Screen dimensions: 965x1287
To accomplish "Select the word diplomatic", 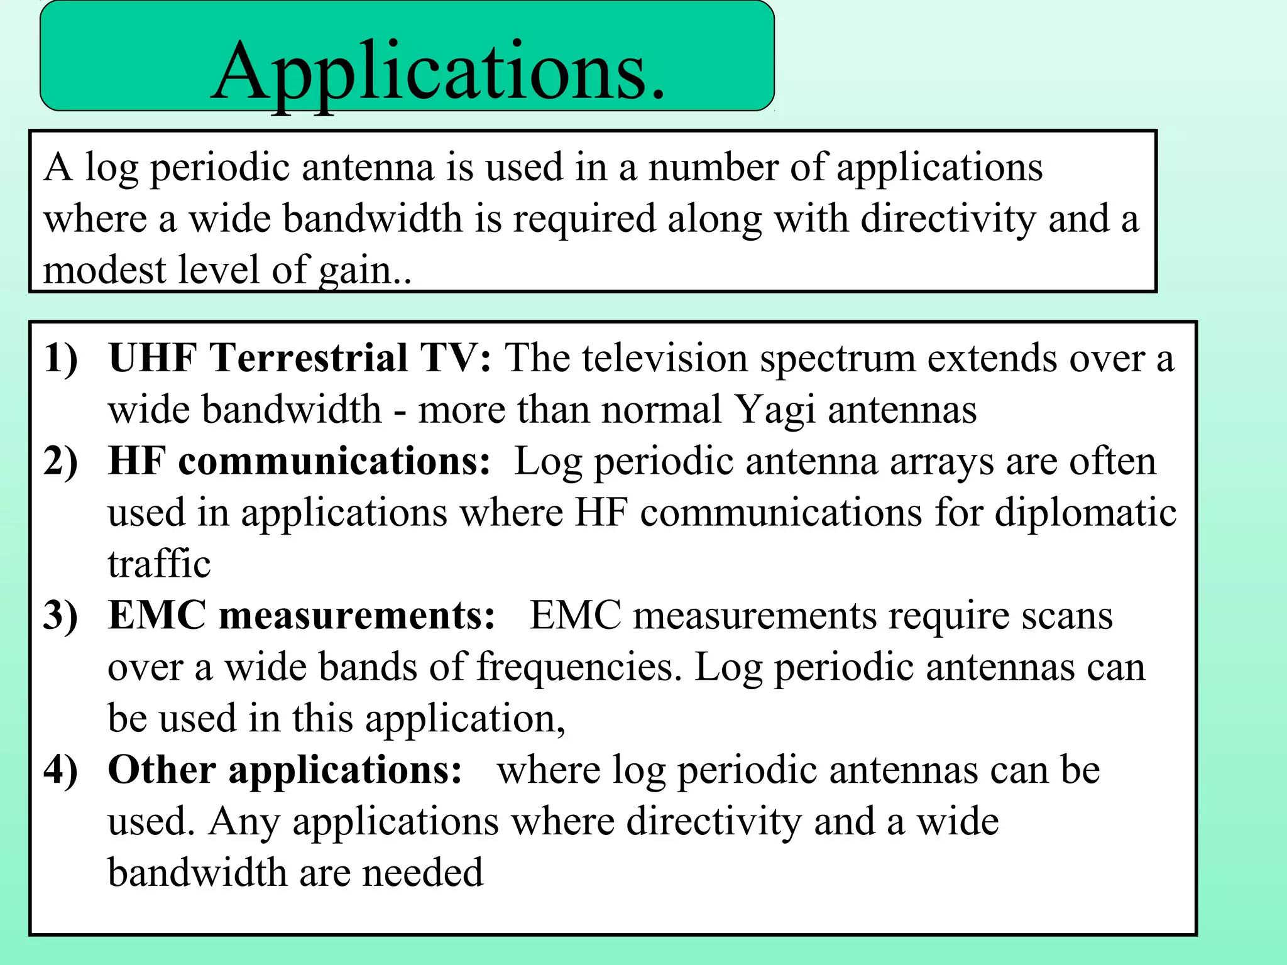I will pyautogui.click(x=1085, y=513).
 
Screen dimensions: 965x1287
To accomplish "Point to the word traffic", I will pyautogui.click(x=159, y=564).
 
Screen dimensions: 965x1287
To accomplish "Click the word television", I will pyautogui.click(x=664, y=359).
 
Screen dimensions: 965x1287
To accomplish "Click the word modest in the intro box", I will pyautogui.click(x=103, y=270).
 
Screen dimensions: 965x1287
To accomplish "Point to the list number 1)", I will pyautogui.click(x=61, y=359).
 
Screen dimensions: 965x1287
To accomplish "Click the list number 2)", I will pyautogui.click(x=61, y=462).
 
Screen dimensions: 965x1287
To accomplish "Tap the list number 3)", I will pyautogui.click(x=61, y=616).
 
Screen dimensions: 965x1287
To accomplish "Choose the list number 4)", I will pyautogui.click(x=61, y=770).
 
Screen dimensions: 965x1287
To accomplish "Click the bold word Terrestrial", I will pyautogui.click(x=309, y=359).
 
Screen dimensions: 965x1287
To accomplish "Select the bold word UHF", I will pyautogui.click(x=153, y=359).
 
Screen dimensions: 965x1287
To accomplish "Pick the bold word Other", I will pyautogui.click(x=162, y=770).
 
